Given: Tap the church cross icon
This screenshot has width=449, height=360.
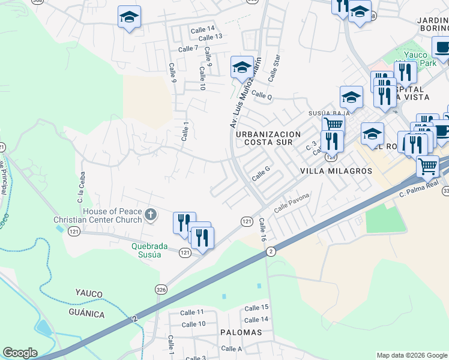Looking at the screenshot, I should coord(151,214).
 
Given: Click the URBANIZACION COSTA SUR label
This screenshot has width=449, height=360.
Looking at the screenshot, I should coord(264,138).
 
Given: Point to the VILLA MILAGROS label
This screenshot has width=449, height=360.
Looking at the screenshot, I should coord(336,171).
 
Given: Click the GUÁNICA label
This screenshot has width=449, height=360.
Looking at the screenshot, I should coord(86,314).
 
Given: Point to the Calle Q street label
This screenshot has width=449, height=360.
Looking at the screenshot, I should coord(262,95).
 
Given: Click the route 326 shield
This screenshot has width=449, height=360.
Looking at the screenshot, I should coord(161,289).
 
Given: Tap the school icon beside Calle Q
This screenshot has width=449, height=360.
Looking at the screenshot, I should coord(241,67).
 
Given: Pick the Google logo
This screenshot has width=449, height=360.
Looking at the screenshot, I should coord(20,353).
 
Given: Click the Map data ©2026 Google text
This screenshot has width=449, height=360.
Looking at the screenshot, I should coord(412,355).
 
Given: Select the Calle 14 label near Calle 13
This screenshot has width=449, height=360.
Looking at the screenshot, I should coord(202,29).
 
